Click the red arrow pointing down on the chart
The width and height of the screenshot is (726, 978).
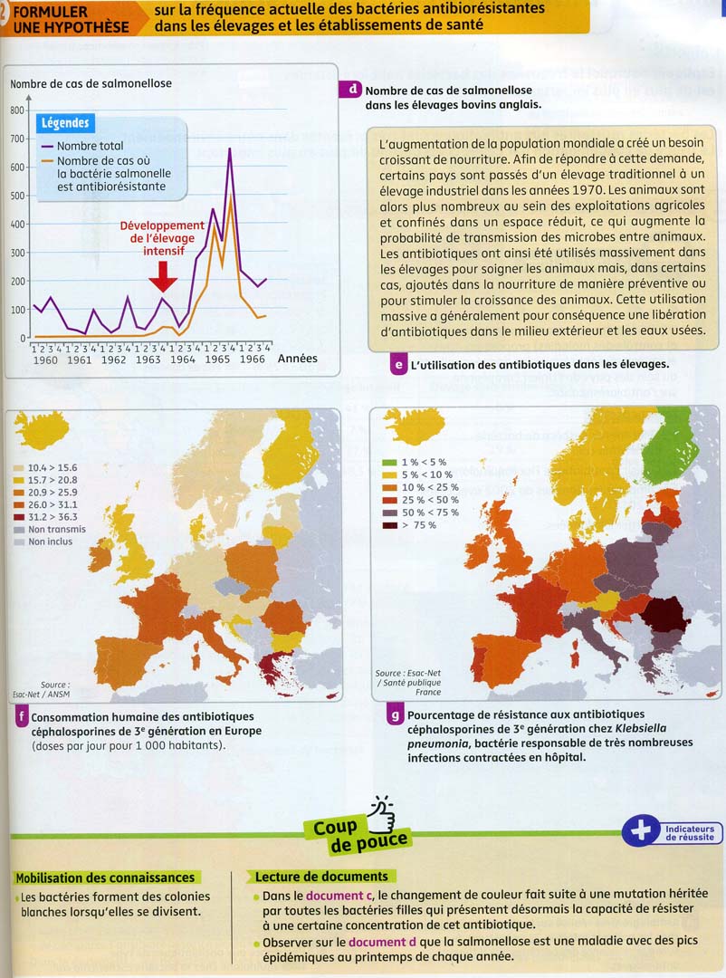click(x=163, y=275)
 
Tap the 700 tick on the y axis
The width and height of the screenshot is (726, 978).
click(x=17, y=139)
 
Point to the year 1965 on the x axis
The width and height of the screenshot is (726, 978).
click(x=216, y=360)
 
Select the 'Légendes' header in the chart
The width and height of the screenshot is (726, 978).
click(x=66, y=123)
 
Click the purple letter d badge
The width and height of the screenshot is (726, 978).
click(x=350, y=90)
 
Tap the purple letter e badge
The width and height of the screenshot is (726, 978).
click(x=397, y=366)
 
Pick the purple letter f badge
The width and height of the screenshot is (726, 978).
click(x=20, y=719)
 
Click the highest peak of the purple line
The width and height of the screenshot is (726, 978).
click(x=230, y=149)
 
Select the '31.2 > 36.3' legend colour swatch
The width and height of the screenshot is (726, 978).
click(x=17, y=517)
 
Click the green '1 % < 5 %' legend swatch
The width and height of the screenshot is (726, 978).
click(x=389, y=462)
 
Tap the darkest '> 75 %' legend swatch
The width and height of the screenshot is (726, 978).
click(x=389, y=524)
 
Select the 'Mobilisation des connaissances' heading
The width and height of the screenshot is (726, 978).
click(x=105, y=877)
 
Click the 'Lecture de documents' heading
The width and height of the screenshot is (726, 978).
click(x=321, y=877)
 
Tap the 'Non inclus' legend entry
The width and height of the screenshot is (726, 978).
click(x=50, y=542)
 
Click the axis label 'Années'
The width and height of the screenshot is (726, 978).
click(x=297, y=359)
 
